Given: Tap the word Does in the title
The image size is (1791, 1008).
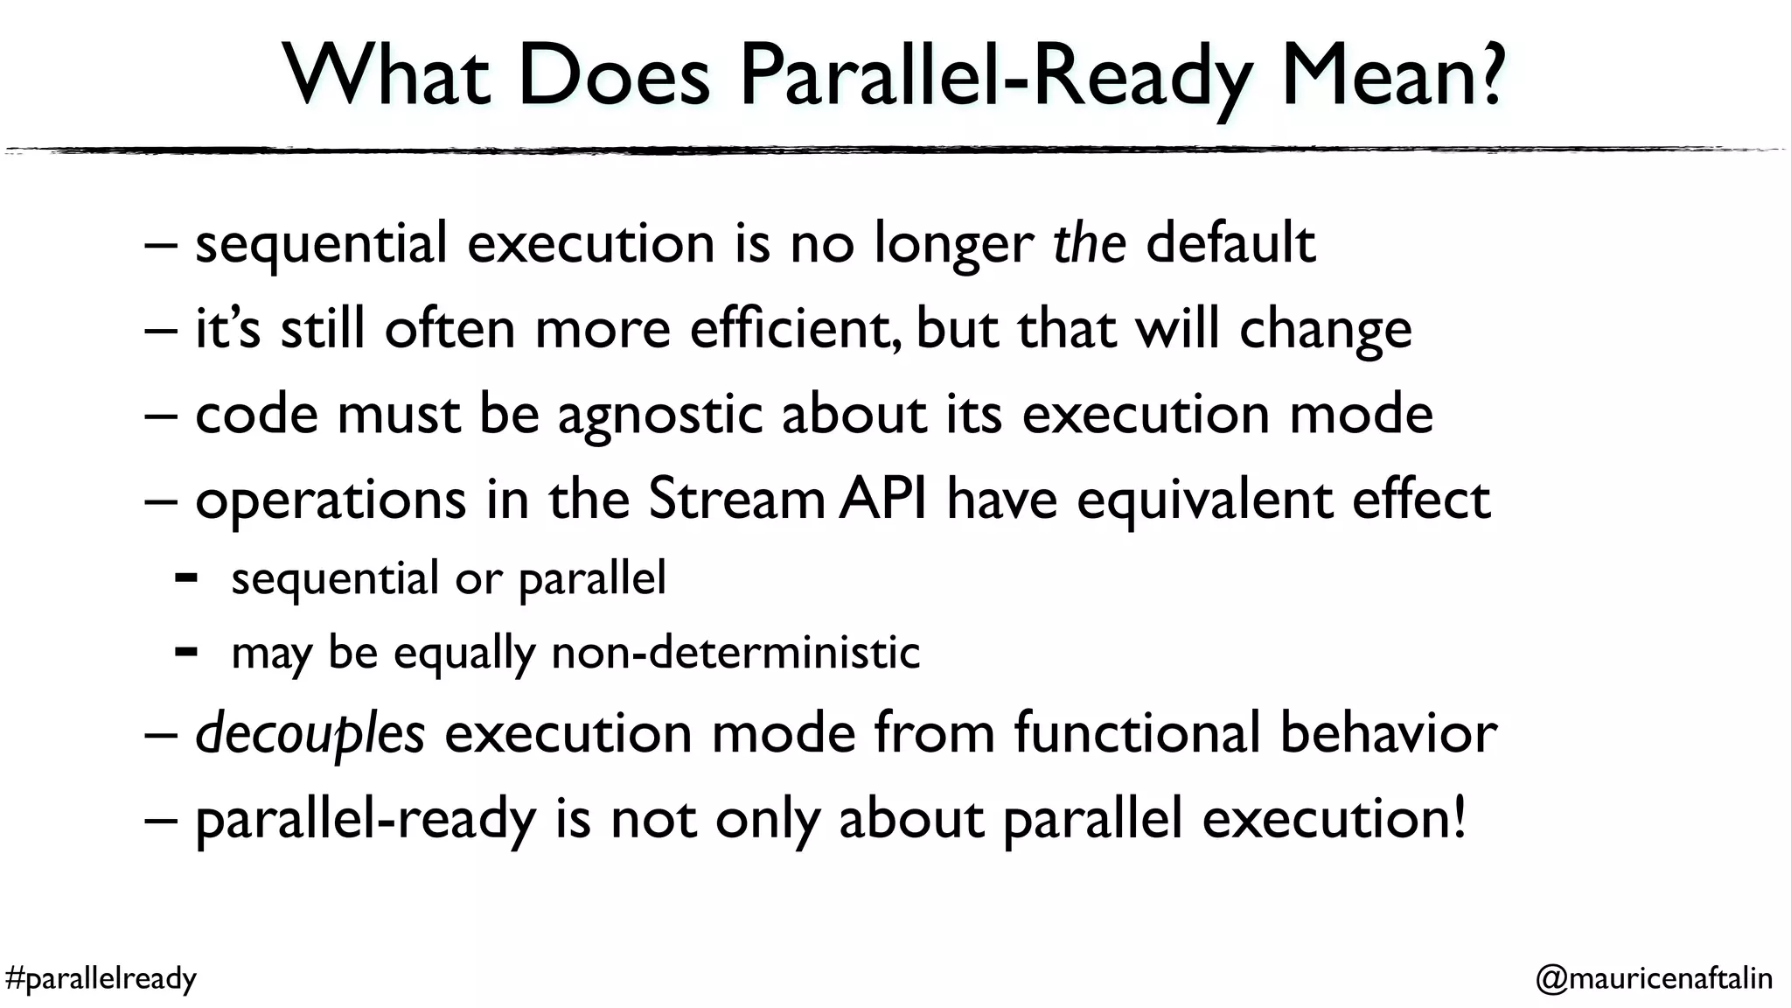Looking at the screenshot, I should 613,77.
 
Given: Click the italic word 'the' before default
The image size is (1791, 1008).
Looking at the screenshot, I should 1089,242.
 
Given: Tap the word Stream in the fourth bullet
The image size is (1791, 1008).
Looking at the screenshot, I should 736,500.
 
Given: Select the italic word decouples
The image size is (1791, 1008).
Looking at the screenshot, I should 310,734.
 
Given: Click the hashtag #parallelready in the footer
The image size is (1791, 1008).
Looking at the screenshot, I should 101,978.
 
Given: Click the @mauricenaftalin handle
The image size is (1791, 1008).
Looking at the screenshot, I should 1654,978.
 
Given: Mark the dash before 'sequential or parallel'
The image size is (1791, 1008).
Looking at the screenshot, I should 185,577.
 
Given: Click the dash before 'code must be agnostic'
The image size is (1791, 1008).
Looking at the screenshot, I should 161,415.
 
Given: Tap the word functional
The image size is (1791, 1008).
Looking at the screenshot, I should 1138,732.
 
